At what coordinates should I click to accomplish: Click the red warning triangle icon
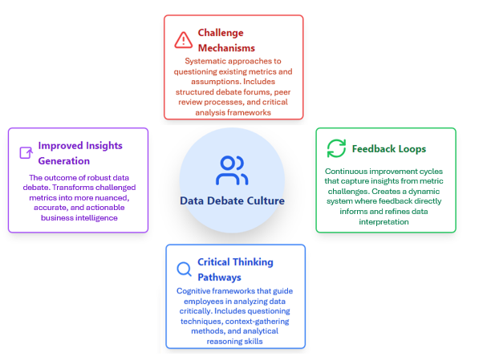[183, 40]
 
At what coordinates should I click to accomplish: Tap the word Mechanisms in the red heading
[226, 48]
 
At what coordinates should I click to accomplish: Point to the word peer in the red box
[282, 92]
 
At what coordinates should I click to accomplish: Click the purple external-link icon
[26, 152]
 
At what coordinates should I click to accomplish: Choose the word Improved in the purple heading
[60, 146]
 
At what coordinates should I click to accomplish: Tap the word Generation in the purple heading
[64, 161]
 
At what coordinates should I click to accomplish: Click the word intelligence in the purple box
[96, 218]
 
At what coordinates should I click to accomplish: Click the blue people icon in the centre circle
[232, 171]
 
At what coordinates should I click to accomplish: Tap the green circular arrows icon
[336, 148]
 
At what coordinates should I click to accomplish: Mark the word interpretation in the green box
[384, 222]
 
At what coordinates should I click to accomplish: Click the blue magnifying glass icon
[184, 269]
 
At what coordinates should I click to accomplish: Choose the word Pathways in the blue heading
[219, 277]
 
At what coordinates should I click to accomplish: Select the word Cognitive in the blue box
[193, 291]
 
